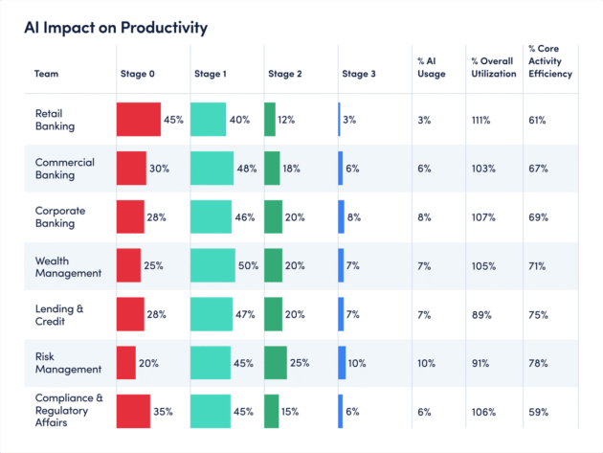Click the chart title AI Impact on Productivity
[x=115, y=27]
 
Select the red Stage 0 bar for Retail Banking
[x=139, y=120]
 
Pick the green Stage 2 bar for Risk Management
[x=276, y=363]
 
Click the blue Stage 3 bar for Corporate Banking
[x=341, y=217]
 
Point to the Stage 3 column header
[x=359, y=73]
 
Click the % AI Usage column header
[x=432, y=67]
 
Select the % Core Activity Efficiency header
[x=550, y=61]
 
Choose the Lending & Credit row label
[x=60, y=314]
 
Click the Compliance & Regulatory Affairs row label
[x=67, y=412]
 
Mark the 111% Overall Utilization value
[x=480, y=120]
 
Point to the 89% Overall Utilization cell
[x=479, y=315]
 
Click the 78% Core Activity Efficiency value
[x=538, y=364]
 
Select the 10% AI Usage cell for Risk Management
[x=426, y=364]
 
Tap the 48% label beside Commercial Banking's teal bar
[x=247, y=169]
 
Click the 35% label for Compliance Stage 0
[x=163, y=412]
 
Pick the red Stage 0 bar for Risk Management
[x=126, y=363]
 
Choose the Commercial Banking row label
[x=64, y=169]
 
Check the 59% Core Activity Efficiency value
[x=538, y=412]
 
